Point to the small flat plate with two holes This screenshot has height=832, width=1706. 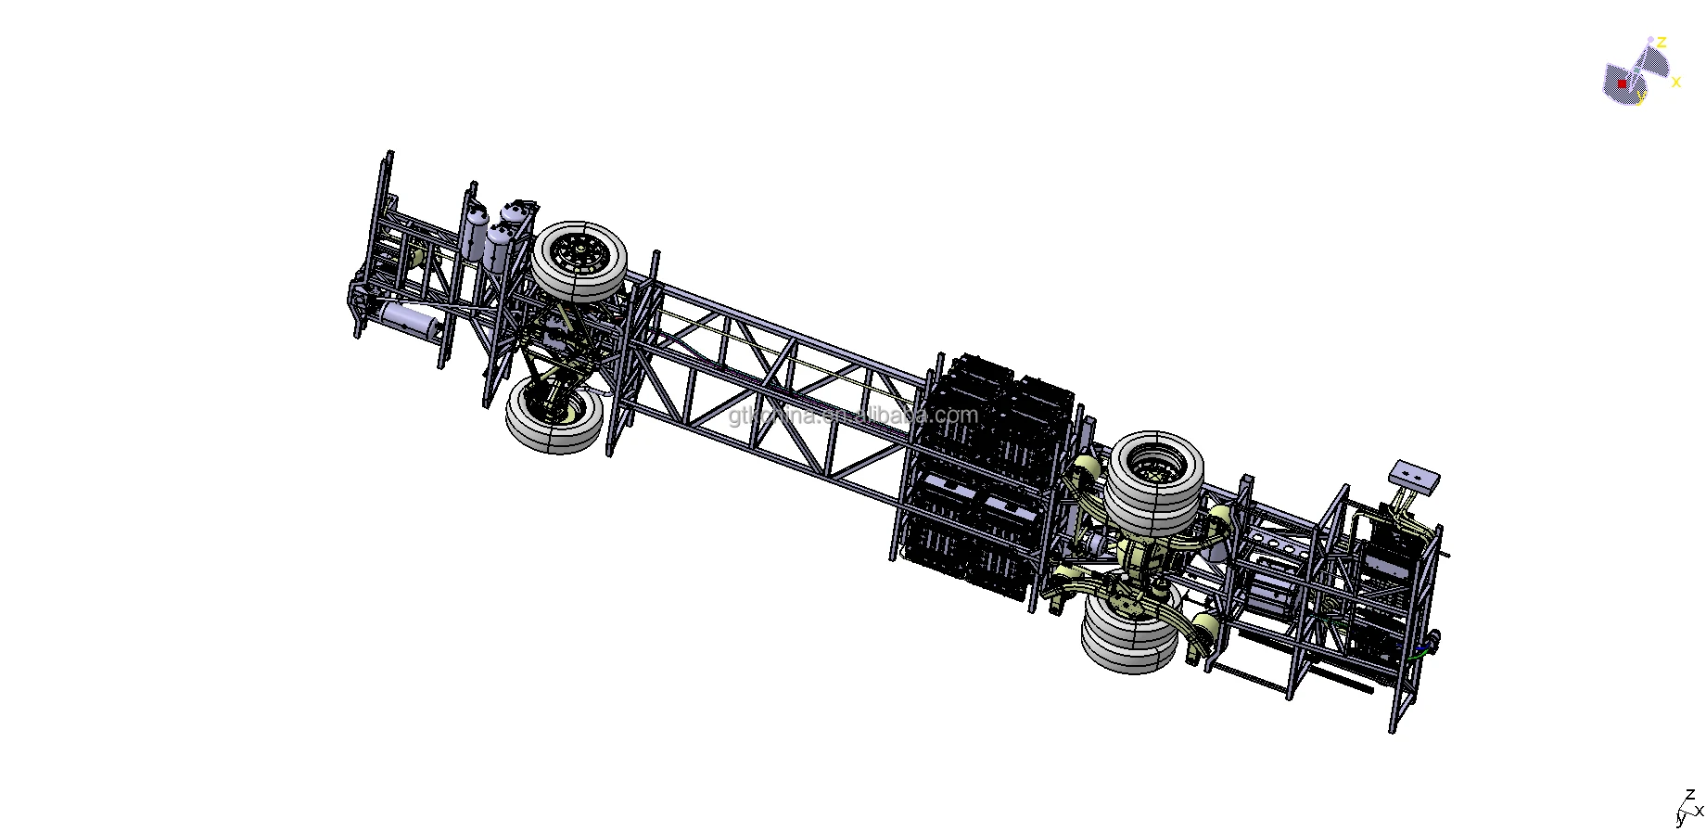(1413, 477)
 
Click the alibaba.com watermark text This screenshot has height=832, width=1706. (853, 415)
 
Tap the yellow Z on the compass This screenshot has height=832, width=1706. (1662, 43)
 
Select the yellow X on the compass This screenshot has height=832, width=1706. (1675, 83)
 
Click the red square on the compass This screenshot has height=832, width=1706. (1623, 83)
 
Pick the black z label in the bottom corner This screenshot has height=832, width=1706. (1690, 794)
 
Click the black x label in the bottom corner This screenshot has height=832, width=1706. (1699, 811)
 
